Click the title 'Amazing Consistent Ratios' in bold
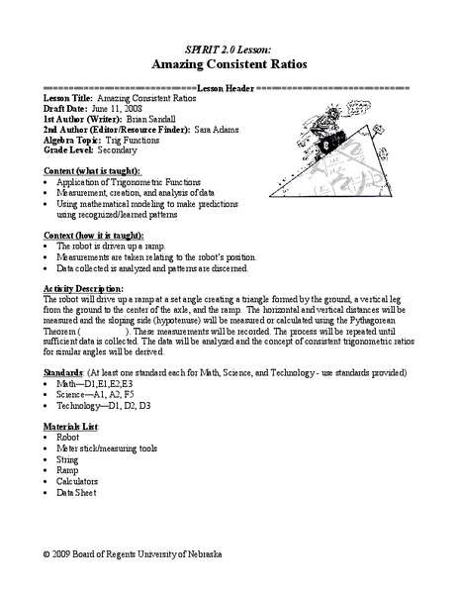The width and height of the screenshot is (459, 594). coord(229,60)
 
